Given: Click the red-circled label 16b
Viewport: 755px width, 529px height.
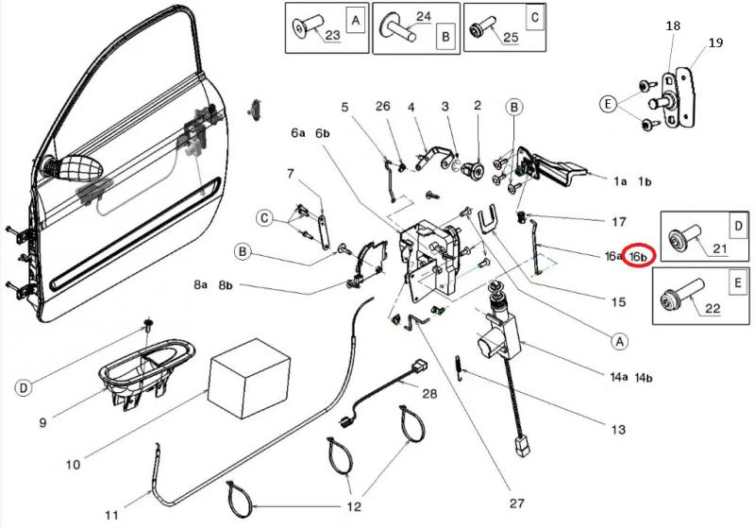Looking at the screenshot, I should click(x=639, y=255).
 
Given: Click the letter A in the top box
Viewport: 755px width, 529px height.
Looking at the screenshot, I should click(x=354, y=18).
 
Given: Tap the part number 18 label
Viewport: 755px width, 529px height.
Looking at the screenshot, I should click(x=673, y=27).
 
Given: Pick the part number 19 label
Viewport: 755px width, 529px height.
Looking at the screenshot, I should click(x=715, y=43).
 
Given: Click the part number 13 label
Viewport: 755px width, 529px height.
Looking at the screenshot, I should click(x=618, y=430).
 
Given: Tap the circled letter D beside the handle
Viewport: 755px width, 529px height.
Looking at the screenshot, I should click(x=23, y=388).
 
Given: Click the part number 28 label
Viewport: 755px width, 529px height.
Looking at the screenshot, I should click(x=429, y=393).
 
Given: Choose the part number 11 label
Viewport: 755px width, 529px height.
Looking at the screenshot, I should click(x=111, y=516).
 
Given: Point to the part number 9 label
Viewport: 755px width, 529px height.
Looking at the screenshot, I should click(x=42, y=422).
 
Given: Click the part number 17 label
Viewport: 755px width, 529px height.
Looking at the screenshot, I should click(x=618, y=223).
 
